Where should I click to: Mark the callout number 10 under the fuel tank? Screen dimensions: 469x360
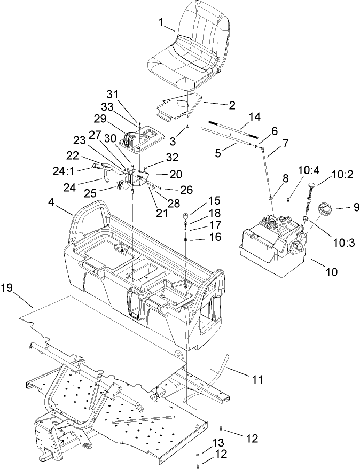(x=331, y=271)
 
